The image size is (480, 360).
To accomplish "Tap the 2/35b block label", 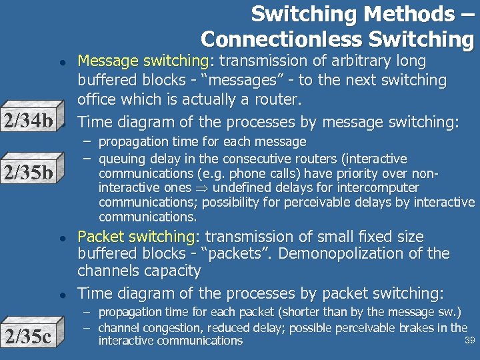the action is click(x=28, y=173).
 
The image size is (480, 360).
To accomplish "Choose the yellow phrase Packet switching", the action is click(x=136, y=237).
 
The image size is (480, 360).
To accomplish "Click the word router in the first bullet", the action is click(x=281, y=99).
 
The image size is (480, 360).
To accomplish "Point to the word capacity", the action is click(x=173, y=271).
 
